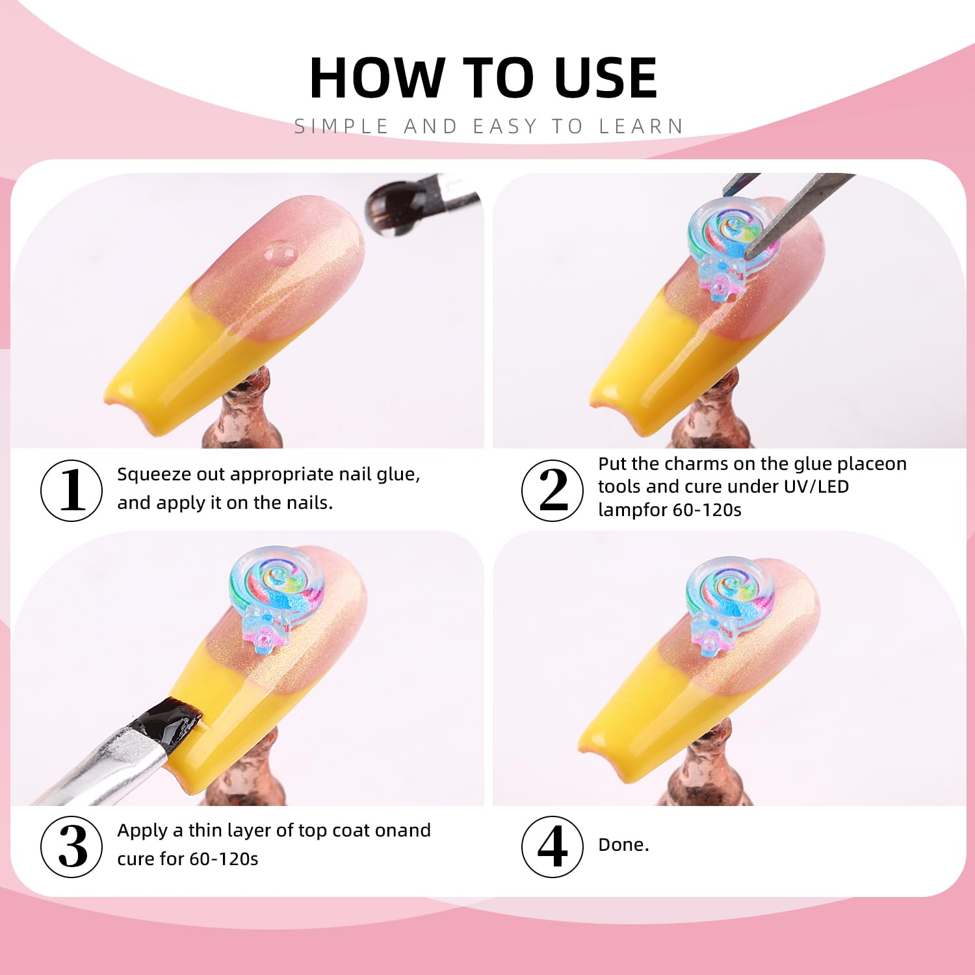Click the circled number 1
point(71,490)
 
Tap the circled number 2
point(552,490)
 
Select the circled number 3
point(71,846)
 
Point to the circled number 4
point(552,846)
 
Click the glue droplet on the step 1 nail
point(280,252)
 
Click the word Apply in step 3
point(142,831)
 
